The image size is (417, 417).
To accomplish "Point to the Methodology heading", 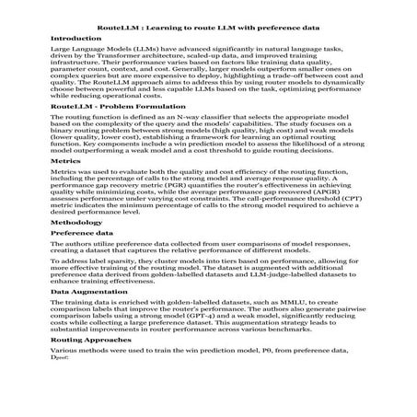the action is click(76, 223).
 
